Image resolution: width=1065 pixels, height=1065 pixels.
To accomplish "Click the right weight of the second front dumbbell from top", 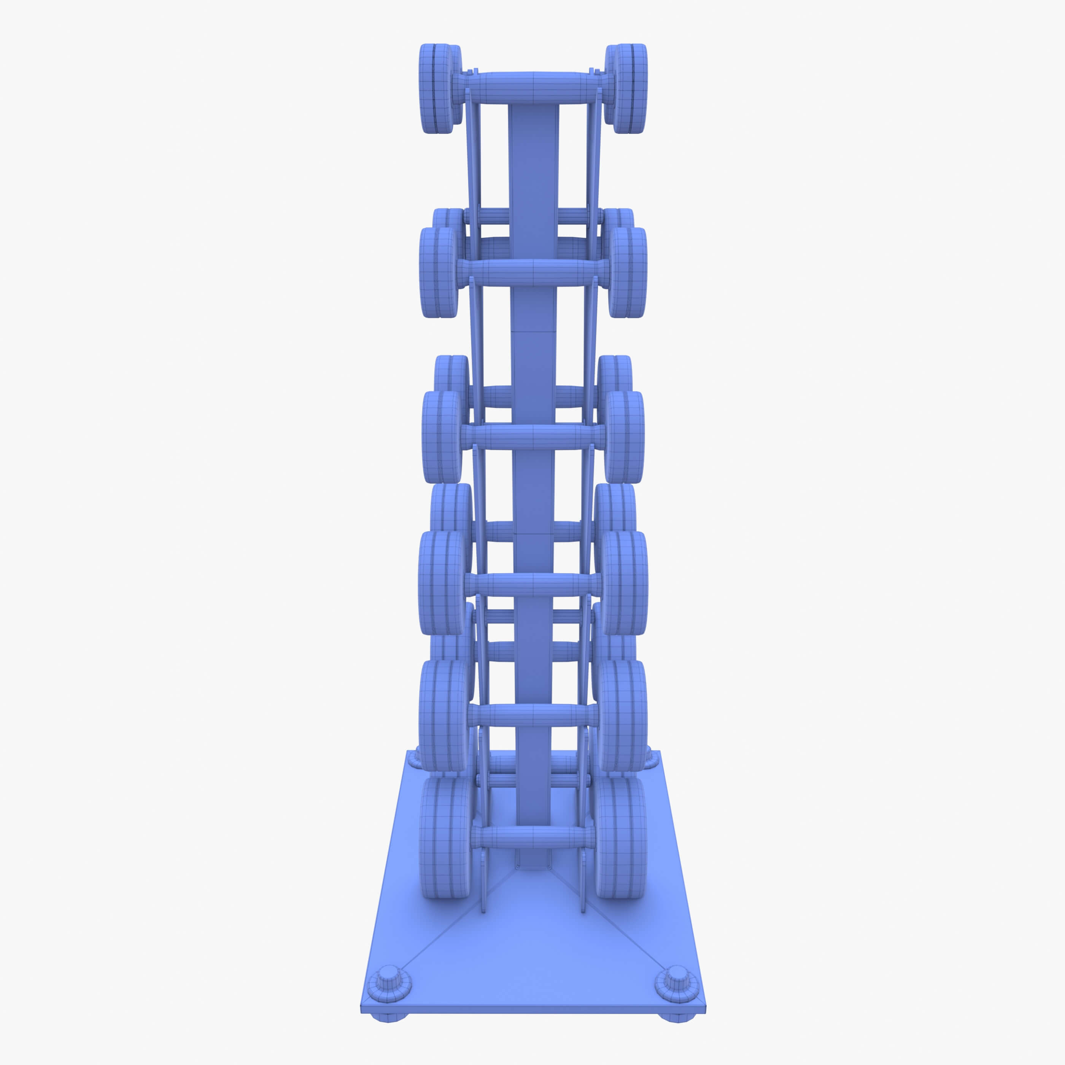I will point(627,272).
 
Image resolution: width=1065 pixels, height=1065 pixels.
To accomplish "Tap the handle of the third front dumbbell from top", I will point(532,437).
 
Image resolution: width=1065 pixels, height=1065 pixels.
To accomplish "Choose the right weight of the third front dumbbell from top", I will point(625,437).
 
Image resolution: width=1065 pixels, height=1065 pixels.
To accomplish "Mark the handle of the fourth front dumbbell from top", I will point(532,584).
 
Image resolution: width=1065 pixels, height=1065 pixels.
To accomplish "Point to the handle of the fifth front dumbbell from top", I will point(532,715).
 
